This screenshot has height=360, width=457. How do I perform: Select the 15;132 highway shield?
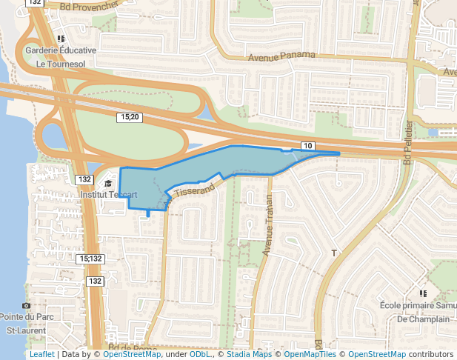[90, 259]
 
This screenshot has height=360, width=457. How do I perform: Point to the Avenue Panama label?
[281, 56]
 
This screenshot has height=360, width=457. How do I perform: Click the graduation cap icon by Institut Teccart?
[108, 183]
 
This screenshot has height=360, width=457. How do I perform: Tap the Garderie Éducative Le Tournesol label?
[61, 57]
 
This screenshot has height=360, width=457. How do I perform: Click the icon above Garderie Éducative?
[61, 38]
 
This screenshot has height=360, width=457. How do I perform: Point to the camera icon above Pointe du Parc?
[27, 305]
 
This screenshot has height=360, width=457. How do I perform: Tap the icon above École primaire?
[422, 293]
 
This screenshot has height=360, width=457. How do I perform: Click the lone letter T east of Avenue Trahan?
[334, 253]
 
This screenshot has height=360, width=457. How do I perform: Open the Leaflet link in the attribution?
[41, 354]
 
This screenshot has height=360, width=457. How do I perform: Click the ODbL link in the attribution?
[200, 354]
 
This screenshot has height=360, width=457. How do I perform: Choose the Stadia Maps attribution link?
[249, 354]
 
